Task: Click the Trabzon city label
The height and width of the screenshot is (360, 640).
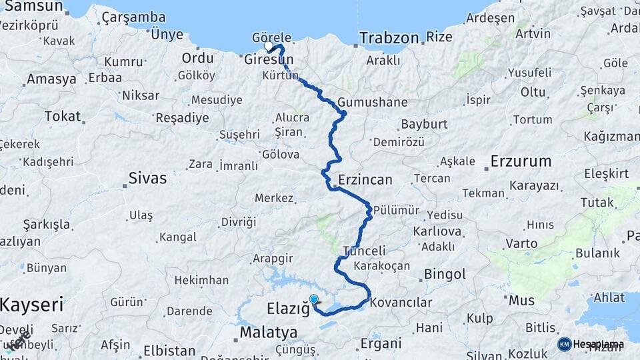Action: coord(390,38)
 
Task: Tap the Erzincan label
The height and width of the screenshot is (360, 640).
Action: coord(365,179)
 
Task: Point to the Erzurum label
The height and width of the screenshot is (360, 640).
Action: coord(521,161)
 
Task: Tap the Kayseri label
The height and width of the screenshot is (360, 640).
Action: coord(31,305)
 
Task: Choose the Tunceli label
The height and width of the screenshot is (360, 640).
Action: coord(364,251)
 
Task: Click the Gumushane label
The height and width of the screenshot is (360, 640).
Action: coord(373,103)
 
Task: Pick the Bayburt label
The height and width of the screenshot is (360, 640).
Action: coord(423,125)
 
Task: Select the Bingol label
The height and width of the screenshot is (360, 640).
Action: coord(445,274)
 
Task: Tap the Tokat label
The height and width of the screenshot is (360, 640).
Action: coord(62,116)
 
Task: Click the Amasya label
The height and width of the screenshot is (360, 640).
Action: coord(51,79)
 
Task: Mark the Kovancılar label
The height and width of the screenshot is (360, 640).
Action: coord(401,303)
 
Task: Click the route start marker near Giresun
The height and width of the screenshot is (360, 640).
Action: coord(269,47)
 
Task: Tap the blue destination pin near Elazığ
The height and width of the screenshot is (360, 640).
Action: coord(313,299)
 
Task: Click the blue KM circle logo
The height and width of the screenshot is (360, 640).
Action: coord(564,344)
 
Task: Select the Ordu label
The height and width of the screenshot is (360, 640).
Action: coord(197,58)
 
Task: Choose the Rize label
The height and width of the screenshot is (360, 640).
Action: coord(439,37)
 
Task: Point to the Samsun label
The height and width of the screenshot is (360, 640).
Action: coord(31,7)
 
